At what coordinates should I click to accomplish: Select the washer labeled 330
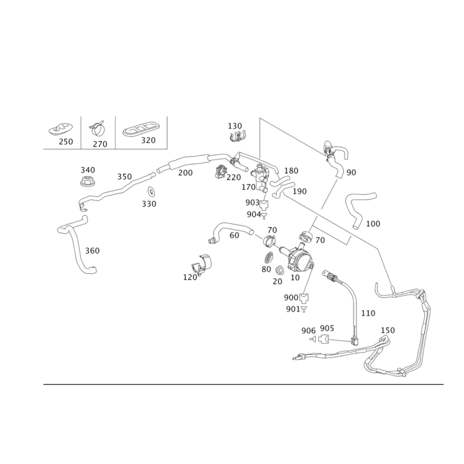pos(151,191)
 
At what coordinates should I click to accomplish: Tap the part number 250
pos(66,142)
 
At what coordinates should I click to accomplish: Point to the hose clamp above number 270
pos(97,128)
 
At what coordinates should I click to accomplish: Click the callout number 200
pos(185,172)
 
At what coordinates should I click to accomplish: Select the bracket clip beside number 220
pos(220,172)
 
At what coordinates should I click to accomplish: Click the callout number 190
pos(299,191)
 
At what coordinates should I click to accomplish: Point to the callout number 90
pos(351,172)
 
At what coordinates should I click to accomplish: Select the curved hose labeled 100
pos(359,209)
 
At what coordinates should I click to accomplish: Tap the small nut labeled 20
pos(279,270)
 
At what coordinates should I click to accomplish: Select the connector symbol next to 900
pos(304,298)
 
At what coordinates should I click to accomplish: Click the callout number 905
pos(327,328)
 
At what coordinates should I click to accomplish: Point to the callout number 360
pos(92,251)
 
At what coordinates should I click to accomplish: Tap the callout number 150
pos(387,330)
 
